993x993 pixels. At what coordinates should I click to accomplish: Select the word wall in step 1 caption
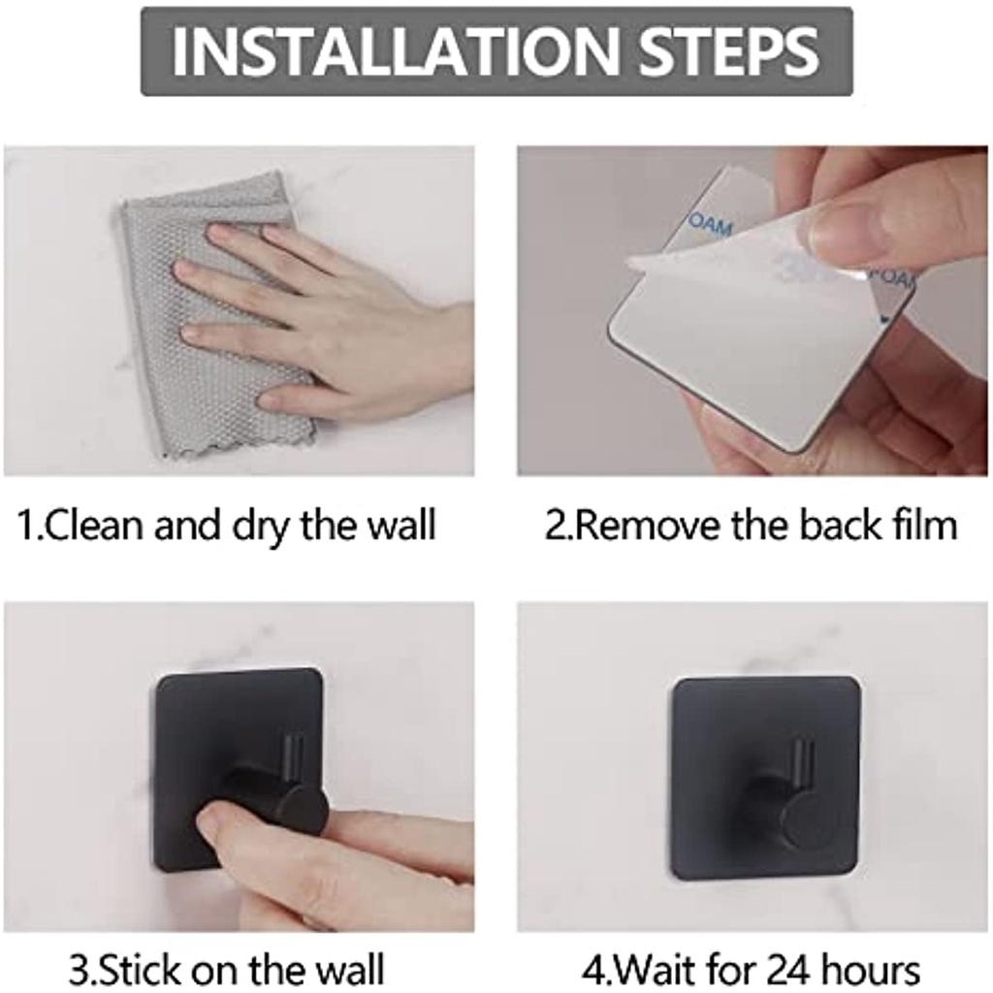[x=402, y=525]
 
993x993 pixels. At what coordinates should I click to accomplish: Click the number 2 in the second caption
[x=555, y=527]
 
